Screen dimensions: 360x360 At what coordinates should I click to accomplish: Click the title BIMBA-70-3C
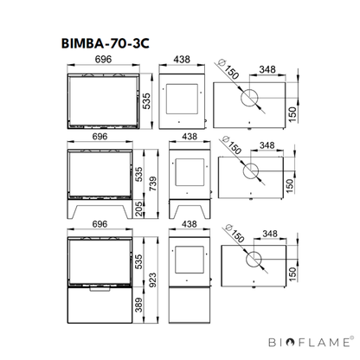(x=106, y=43)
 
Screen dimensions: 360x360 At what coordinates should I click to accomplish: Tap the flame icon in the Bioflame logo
(x=291, y=343)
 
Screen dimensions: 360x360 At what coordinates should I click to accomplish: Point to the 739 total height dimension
(x=153, y=183)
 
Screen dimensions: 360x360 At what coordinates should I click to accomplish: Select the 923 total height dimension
(x=152, y=280)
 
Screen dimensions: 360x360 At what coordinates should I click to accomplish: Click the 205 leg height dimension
(x=138, y=209)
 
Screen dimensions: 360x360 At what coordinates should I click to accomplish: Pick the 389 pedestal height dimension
(x=138, y=305)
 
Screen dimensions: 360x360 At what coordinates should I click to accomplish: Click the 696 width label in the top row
(x=103, y=59)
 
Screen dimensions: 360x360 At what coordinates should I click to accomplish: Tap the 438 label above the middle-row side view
(x=190, y=137)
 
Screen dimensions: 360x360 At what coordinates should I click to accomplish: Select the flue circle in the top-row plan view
(x=249, y=98)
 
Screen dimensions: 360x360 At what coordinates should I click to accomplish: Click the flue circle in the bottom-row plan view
(x=254, y=259)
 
